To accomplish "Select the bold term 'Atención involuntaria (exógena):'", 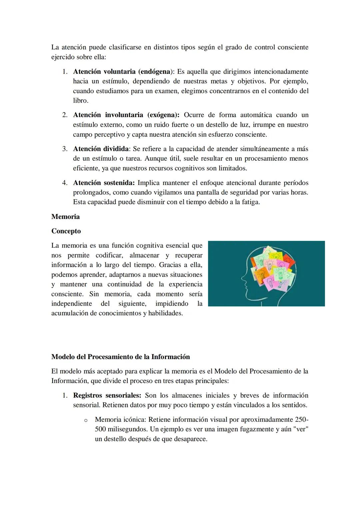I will click(x=126, y=115).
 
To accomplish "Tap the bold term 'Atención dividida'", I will click(x=101, y=149).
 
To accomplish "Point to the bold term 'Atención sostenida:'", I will click(x=104, y=183).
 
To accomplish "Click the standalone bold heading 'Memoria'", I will click(x=65, y=217).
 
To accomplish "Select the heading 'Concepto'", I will click(x=66, y=231).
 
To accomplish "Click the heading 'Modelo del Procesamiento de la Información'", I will click(x=120, y=357).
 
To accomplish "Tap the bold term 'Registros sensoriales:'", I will click(x=107, y=395).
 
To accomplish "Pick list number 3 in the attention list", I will click(x=65, y=149).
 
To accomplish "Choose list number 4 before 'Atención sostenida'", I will click(x=65, y=183).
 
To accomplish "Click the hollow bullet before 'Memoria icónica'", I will click(x=86, y=420).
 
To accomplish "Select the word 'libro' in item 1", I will click(x=80, y=101).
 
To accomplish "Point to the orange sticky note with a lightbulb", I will click(x=260, y=274).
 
